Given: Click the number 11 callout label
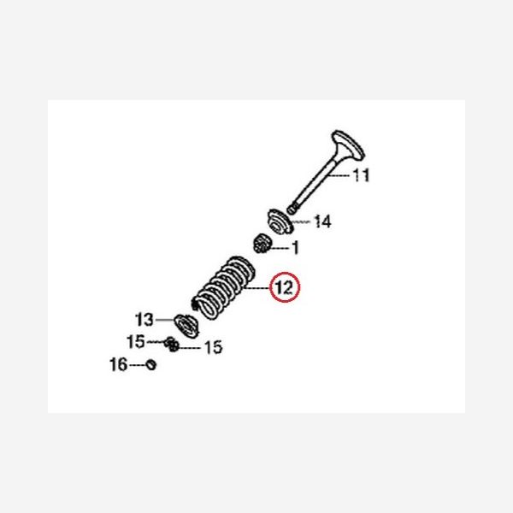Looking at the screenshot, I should (361, 177).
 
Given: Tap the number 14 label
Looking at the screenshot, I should (322, 222).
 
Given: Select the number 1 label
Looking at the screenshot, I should (296, 249).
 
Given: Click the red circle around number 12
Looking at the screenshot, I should (285, 288).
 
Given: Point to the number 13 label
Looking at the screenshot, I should (144, 320).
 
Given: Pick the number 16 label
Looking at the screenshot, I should (117, 365).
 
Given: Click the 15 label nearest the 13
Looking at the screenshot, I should (136, 342).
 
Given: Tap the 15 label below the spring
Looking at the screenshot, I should (212, 347).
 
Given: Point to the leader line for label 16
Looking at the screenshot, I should (136, 365).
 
